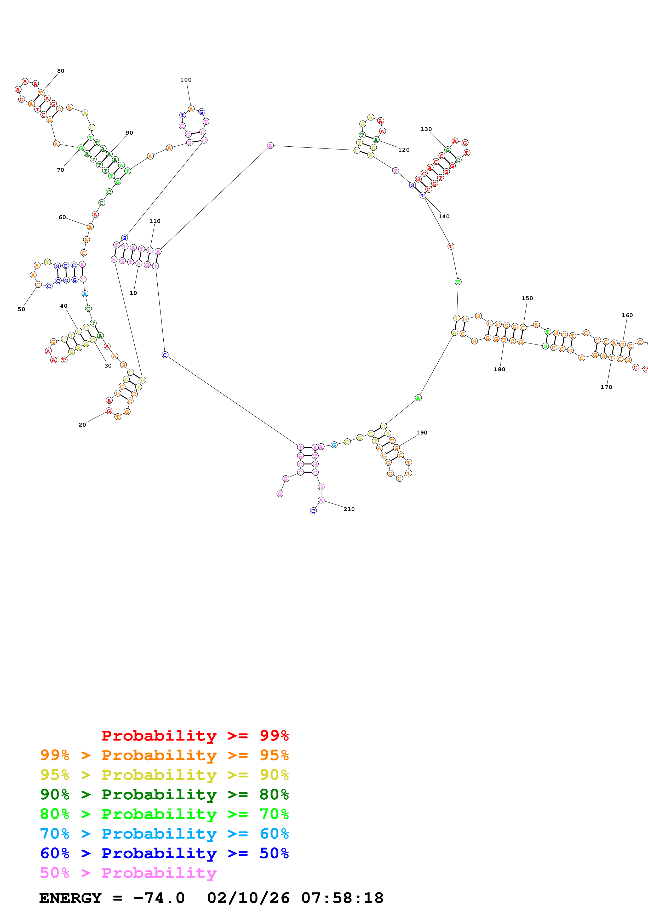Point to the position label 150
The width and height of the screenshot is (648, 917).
tap(527, 298)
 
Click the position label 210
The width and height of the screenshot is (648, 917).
tap(349, 509)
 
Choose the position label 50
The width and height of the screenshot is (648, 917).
tap(21, 309)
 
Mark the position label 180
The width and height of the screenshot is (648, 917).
tap(499, 369)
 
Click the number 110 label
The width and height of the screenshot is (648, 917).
tap(155, 221)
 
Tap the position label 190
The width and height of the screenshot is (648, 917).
tap(422, 433)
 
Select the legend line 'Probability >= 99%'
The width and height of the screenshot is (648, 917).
tap(195, 736)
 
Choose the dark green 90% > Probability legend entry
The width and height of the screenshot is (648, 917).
tap(164, 794)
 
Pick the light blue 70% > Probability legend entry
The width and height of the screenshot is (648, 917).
tap(164, 834)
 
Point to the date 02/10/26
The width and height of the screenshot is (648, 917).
tap(248, 898)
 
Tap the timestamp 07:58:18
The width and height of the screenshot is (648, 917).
tap(342, 898)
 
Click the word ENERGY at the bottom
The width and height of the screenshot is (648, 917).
tap(70, 898)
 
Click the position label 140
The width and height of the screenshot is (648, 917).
tap(444, 216)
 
